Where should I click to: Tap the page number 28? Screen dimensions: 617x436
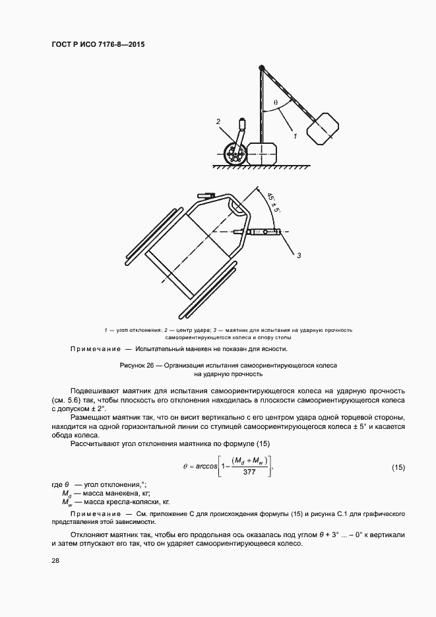[54, 560]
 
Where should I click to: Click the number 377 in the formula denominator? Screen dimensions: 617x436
[249, 472]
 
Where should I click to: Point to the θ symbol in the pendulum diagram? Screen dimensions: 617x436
[275, 102]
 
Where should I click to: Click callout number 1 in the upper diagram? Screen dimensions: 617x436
[295, 135]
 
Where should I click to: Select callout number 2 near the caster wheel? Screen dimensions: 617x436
[217, 122]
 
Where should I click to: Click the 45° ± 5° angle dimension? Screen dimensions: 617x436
[273, 202]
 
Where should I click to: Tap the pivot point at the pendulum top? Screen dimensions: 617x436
[261, 67]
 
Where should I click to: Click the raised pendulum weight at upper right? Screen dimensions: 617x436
[324, 127]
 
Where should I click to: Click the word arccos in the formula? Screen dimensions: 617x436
[204, 467]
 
